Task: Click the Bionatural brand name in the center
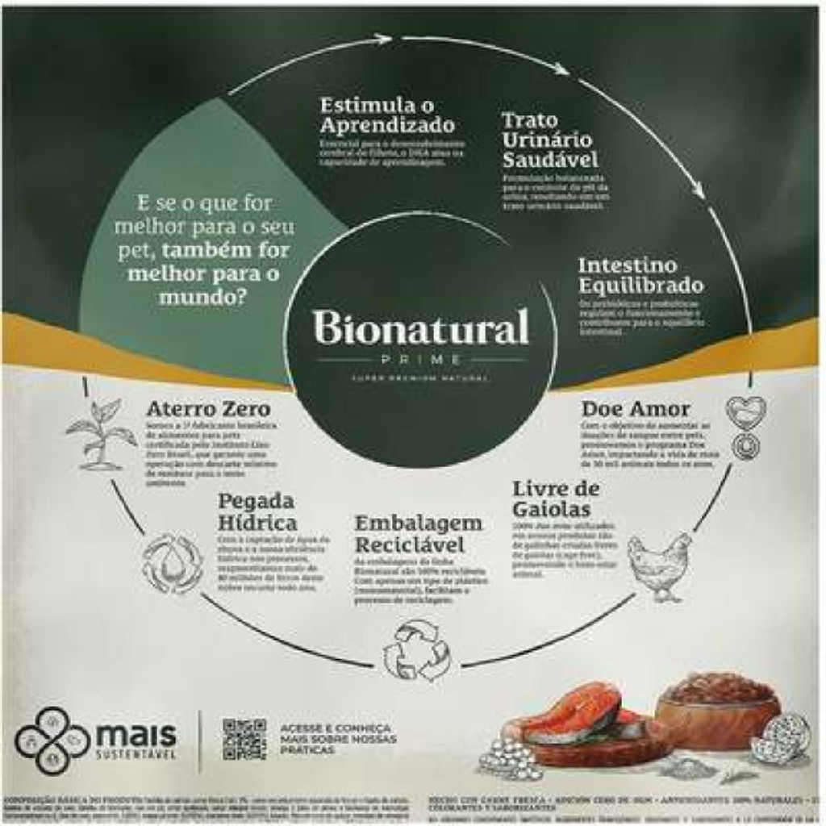pyautogui.click(x=421, y=327)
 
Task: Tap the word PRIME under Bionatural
pyautogui.click(x=421, y=360)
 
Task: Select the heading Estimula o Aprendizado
pyautogui.click(x=387, y=115)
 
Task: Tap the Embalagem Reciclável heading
pyautogui.click(x=419, y=532)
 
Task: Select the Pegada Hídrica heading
pyautogui.click(x=257, y=511)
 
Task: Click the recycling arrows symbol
pyautogui.click(x=416, y=648)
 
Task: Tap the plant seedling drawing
pyautogui.click(x=101, y=433)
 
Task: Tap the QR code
pyautogui.click(x=244, y=739)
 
